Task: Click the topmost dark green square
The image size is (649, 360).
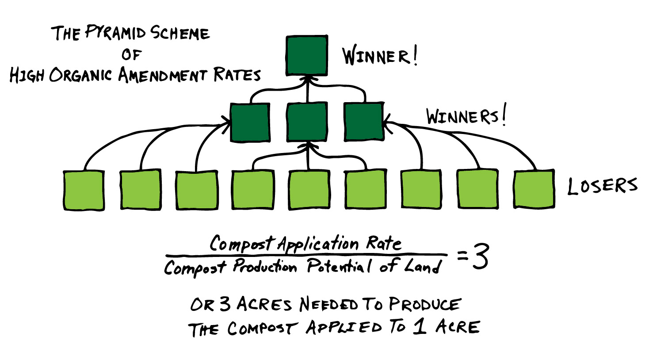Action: pos(307,55)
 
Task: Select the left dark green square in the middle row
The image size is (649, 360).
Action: pos(250,123)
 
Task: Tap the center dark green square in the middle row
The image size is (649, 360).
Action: pos(307,122)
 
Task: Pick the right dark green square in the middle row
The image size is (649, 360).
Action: pos(364,122)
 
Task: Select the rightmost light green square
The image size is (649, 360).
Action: pos(534,189)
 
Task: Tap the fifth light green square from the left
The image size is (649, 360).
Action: pos(309,189)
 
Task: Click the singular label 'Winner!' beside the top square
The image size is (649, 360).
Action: pos(379,56)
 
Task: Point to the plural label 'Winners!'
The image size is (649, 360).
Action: pos(466,116)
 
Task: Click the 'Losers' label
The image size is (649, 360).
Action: pos(602,186)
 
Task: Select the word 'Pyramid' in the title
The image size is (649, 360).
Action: pos(115,33)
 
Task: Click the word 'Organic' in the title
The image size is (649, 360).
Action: pos(80,75)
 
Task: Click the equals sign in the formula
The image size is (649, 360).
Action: pos(462,256)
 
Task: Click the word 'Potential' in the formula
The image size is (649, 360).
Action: pos(340,266)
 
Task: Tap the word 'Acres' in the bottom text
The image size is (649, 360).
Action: pos(264,304)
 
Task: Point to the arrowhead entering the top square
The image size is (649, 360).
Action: pos(307,79)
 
